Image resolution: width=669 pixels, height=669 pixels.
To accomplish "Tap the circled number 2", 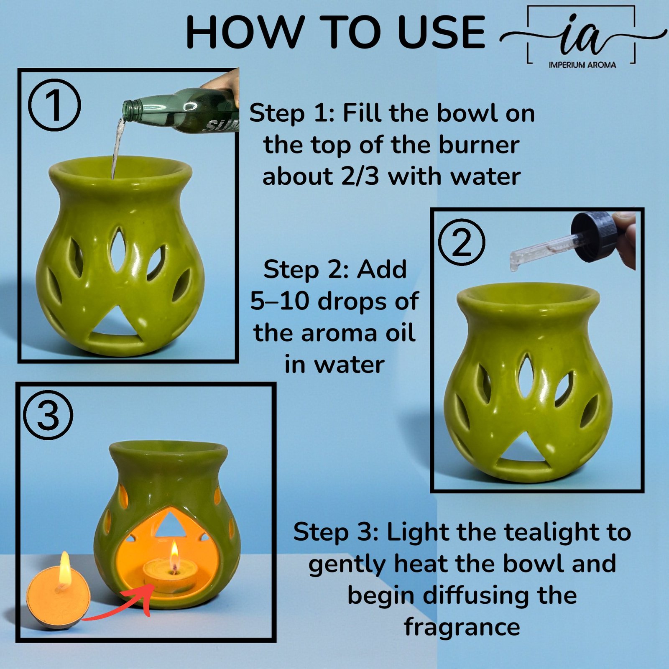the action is click(x=462, y=242).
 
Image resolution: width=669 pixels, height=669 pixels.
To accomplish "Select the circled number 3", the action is click(x=48, y=415).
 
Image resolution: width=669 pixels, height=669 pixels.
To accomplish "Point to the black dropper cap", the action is click(x=596, y=236).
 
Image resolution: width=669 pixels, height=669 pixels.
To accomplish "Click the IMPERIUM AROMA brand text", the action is click(x=582, y=65).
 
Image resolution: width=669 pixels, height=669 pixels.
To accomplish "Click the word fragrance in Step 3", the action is click(x=462, y=627).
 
